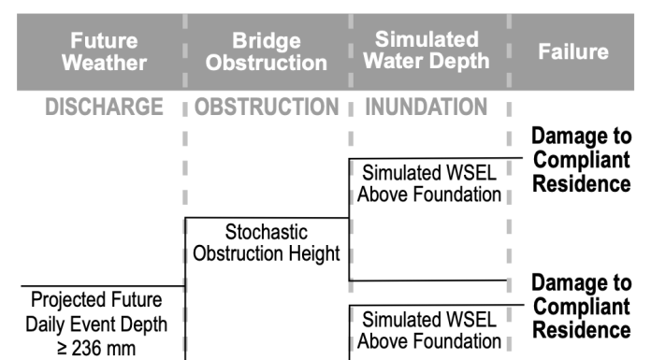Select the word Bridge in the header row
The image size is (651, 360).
pyautogui.click(x=266, y=41)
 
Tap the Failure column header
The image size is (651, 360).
pyautogui.click(x=572, y=52)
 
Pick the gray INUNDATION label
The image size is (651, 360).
pyautogui.click(x=425, y=108)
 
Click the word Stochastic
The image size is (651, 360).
pyautogui.click(x=267, y=231)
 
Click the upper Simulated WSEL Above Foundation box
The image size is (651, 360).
pyautogui.click(x=427, y=184)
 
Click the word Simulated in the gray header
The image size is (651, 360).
pyautogui.click(x=426, y=41)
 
